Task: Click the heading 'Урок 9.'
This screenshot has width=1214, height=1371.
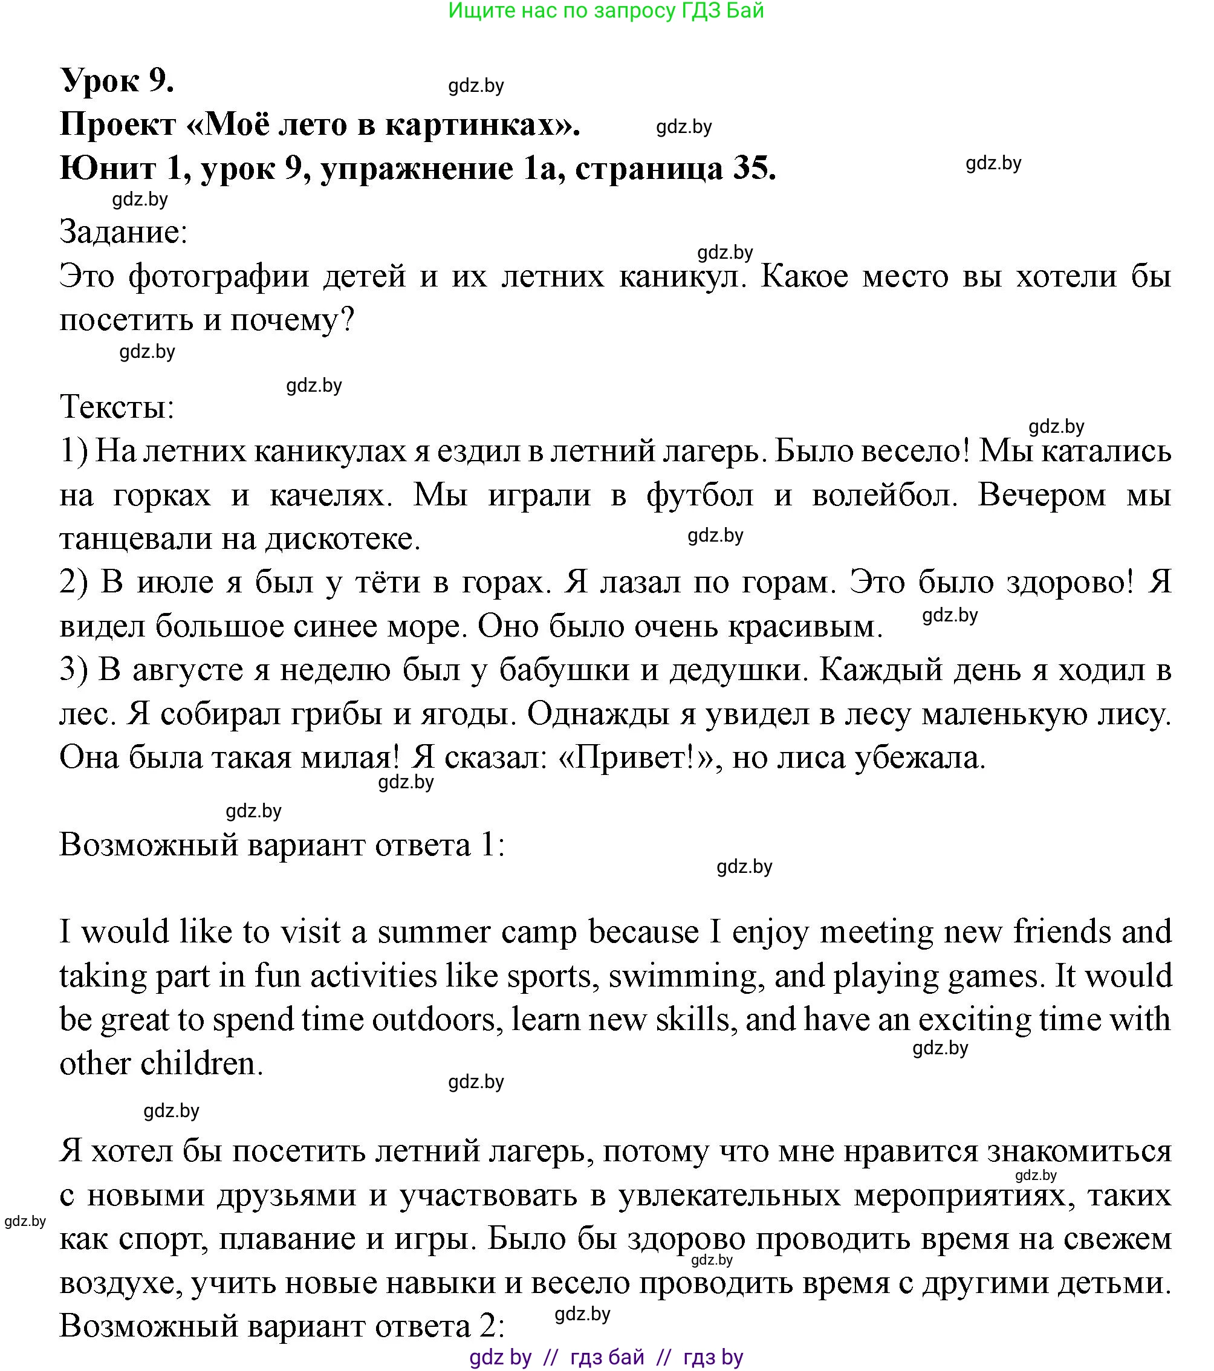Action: [117, 80]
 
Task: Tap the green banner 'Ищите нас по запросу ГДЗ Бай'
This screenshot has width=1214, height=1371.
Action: [606, 11]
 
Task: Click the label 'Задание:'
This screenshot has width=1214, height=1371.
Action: [123, 232]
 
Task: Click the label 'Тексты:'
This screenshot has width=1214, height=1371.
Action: [117, 406]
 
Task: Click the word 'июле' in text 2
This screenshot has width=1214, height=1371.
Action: [176, 582]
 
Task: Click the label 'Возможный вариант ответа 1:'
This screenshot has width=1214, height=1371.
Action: [282, 844]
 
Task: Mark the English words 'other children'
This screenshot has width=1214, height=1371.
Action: [161, 1064]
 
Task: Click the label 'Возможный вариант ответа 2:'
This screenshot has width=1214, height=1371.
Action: [282, 1326]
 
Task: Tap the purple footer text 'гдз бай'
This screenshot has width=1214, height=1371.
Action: [607, 1358]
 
